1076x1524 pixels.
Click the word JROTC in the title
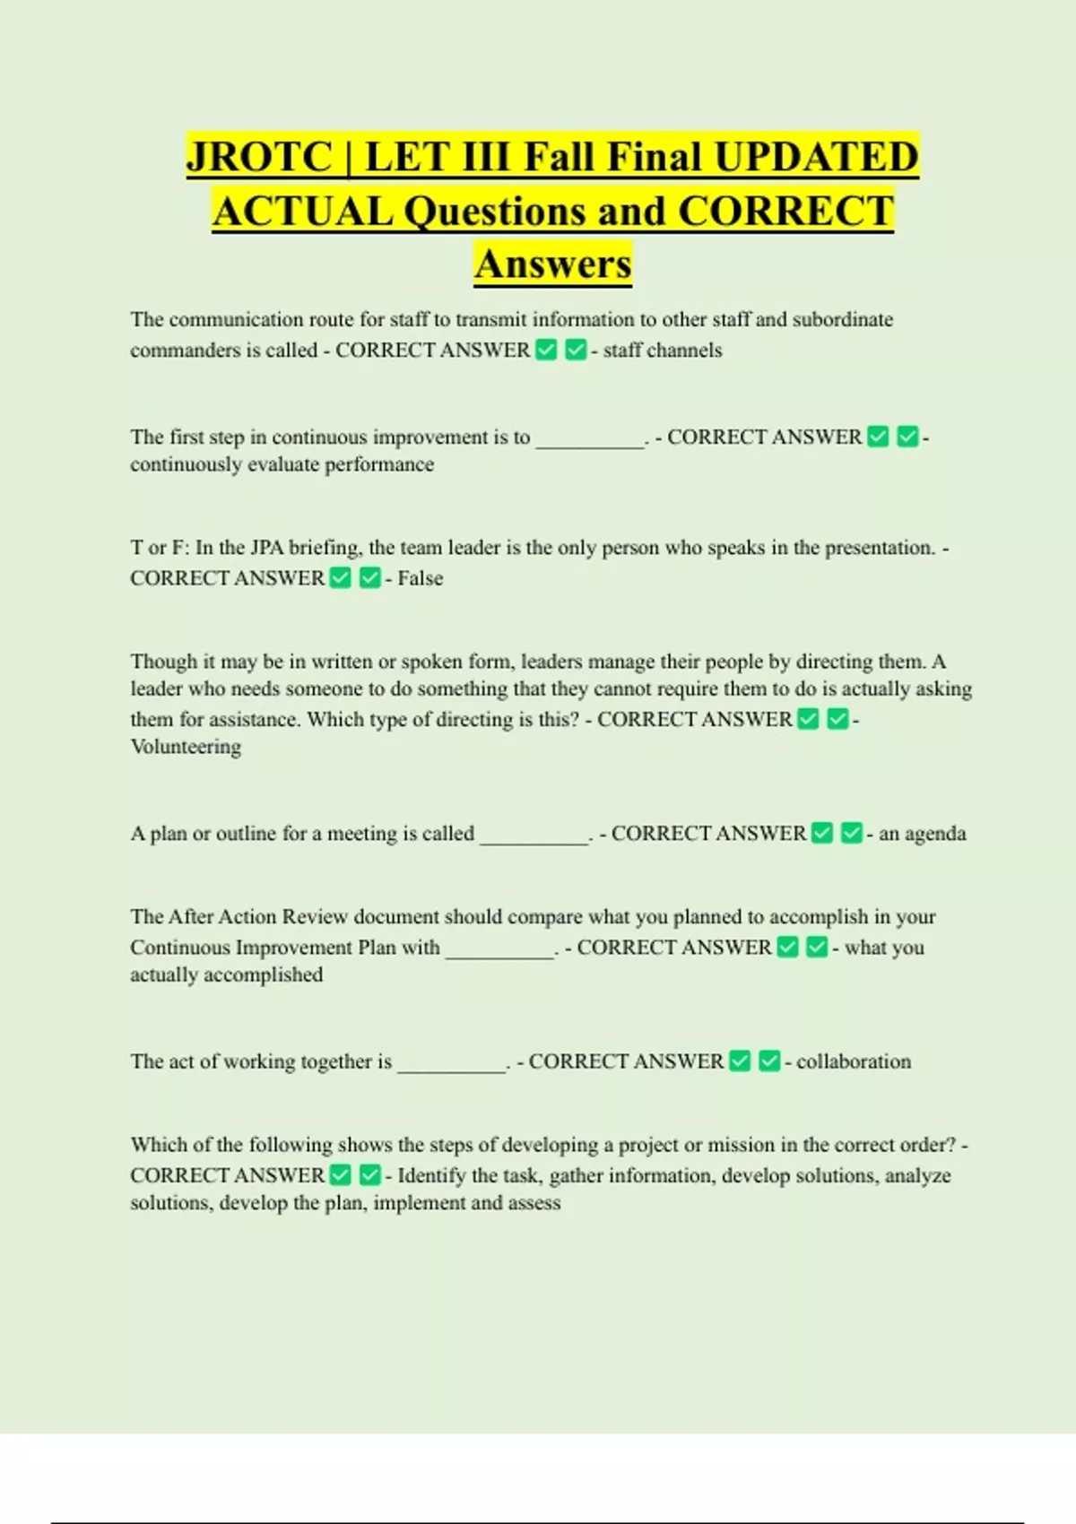[x=259, y=157]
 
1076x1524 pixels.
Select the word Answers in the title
[x=553, y=264]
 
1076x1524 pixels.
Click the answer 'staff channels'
[x=662, y=351]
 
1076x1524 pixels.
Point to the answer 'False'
[x=420, y=578]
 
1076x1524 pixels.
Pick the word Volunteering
[x=186, y=747]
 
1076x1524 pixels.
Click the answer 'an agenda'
[x=922, y=834]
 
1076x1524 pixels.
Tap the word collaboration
[x=853, y=1061]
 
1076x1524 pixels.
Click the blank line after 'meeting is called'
[x=534, y=836]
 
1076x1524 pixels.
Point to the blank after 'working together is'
[x=451, y=1064]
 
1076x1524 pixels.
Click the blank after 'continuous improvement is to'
[x=589, y=440]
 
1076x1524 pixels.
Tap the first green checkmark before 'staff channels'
[x=546, y=350]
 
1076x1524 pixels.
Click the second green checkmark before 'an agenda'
[x=852, y=834]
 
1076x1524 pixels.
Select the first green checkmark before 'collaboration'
[x=740, y=1061]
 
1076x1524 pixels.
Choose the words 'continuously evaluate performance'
[x=282, y=464]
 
